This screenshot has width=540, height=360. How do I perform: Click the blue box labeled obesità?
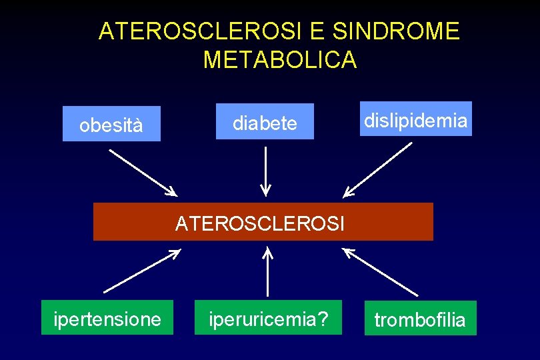111,124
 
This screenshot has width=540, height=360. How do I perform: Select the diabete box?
265,121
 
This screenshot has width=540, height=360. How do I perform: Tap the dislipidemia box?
415,119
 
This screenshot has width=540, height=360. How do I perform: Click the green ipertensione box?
107,317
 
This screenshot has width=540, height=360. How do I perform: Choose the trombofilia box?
420,319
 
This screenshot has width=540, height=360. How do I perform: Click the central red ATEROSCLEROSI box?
263,221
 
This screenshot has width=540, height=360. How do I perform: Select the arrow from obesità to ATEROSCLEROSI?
143,172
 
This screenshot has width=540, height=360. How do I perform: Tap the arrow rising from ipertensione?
142,271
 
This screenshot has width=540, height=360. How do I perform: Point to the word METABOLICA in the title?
280,60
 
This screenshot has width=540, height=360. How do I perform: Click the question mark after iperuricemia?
322,319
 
